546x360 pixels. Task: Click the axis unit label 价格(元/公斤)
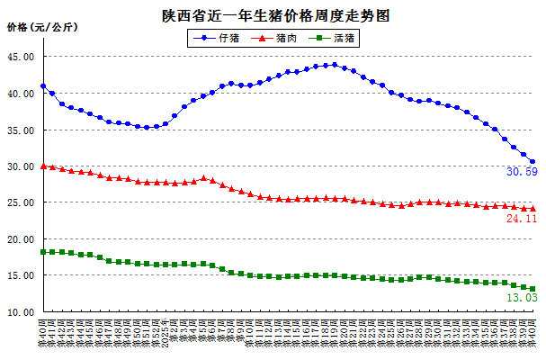click(x=42, y=27)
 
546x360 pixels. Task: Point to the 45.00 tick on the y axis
click(x=21, y=57)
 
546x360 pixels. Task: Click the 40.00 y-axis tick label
click(x=21, y=94)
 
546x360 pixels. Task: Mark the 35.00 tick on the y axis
click(x=21, y=130)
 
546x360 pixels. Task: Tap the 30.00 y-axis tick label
click(x=21, y=167)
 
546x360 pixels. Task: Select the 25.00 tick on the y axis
click(x=21, y=203)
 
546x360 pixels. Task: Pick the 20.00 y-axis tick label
click(x=21, y=240)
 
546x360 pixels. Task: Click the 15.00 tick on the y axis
click(x=21, y=277)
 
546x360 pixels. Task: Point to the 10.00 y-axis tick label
click(x=21, y=313)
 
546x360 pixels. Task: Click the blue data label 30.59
click(x=522, y=172)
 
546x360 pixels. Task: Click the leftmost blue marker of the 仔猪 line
click(x=43, y=86)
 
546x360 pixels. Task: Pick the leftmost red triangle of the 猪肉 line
click(x=43, y=166)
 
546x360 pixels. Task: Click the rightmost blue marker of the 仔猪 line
click(x=533, y=162)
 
